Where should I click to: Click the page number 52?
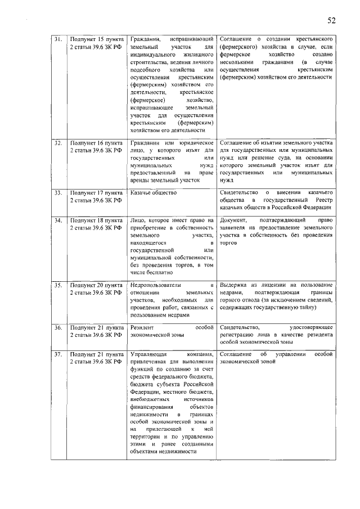(331, 21)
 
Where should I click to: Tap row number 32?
(58, 143)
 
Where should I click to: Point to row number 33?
(58, 192)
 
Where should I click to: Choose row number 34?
(58, 220)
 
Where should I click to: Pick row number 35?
(58, 285)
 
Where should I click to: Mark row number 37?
(58, 354)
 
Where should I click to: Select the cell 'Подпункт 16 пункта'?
(96, 143)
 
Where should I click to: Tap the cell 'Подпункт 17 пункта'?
(96, 192)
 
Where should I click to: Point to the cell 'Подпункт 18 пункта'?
(96, 220)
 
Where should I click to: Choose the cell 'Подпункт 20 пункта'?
(96, 285)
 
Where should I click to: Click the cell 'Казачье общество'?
(154, 192)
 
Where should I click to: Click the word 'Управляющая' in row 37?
(148, 354)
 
